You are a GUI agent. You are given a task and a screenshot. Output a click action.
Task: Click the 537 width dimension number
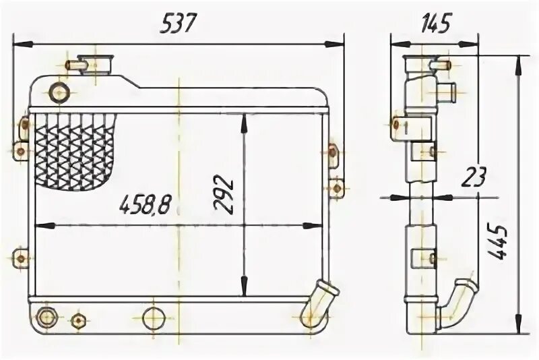click(178, 24)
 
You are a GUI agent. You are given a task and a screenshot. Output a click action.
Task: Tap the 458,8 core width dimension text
click(145, 205)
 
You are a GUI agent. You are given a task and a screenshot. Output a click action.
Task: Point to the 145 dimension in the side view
click(435, 24)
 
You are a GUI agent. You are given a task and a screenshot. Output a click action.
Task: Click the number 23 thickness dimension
click(474, 177)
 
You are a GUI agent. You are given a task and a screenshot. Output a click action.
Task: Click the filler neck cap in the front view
click(95, 64)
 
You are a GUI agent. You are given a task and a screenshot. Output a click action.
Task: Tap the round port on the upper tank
click(59, 92)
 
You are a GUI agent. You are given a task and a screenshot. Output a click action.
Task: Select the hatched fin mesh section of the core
click(75, 152)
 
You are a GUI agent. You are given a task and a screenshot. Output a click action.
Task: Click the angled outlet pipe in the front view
click(319, 303)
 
